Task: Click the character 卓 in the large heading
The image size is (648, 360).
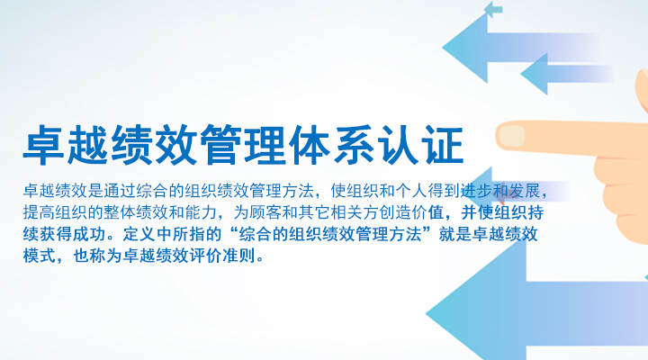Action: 44,145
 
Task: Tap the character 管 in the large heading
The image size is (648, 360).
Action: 221,145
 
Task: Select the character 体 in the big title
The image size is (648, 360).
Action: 309,145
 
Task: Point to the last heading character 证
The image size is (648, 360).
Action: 442,145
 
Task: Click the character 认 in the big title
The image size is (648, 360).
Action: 398,145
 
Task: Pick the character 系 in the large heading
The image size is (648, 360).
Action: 354,145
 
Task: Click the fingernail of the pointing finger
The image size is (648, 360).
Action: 511,135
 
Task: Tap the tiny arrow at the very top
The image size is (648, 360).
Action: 492,9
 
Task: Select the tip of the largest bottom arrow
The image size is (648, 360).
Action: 427,314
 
